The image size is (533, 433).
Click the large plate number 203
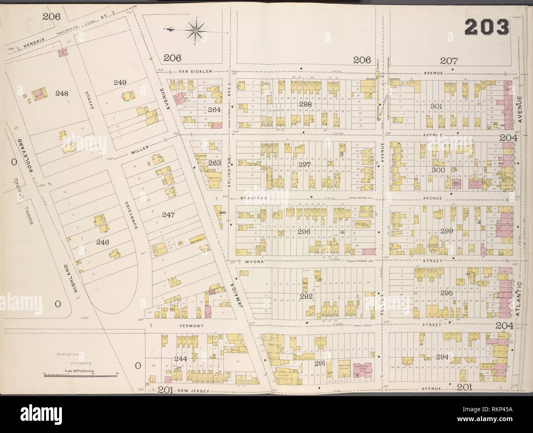point(487,27)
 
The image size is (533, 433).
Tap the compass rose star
point(197,29)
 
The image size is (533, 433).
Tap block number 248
point(61,93)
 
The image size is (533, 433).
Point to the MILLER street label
point(140,153)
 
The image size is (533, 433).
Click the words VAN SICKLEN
point(195,71)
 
